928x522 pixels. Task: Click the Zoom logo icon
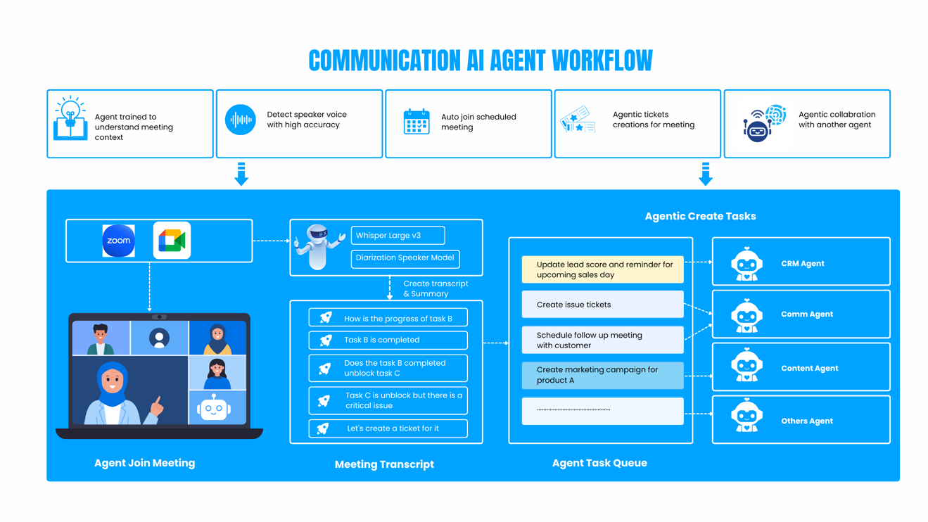tap(118, 241)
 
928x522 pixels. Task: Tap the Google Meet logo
tap(172, 241)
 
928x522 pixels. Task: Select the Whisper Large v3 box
tap(398, 236)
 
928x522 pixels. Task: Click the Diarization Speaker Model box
tap(405, 258)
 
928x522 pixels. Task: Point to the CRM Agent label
tap(802, 264)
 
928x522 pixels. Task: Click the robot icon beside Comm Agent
tap(746, 316)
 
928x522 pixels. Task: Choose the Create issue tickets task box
tap(602, 305)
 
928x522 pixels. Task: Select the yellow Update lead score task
tap(602, 269)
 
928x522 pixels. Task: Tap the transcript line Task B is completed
tap(388, 340)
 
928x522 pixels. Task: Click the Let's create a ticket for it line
tap(388, 428)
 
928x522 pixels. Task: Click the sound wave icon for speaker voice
tap(241, 120)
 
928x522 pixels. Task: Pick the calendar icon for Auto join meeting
tap(417, 122)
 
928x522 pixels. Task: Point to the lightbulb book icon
tap(70, 120)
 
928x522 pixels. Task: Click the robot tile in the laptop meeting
tap(214, 408)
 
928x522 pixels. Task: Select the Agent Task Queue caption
tap(599, 463)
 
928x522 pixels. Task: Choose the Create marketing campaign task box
tap(602, 375)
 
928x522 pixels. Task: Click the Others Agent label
tap(806, 421)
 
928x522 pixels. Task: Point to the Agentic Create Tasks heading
tap(700, 217)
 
